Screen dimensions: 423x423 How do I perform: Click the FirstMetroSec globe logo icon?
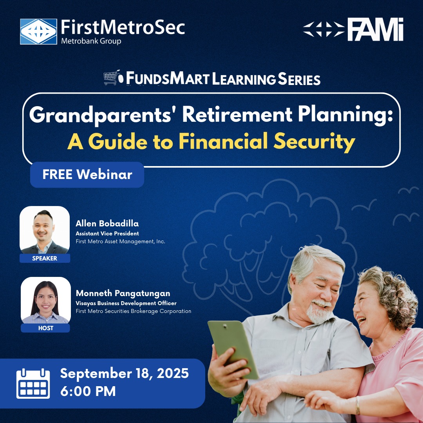click(38, 31)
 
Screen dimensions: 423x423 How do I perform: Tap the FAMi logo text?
click(375, 30)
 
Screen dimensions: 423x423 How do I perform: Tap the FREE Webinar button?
click(87, 174)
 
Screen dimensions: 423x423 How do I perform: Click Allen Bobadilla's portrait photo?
click(45, 230)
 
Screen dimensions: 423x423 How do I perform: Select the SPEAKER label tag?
click(45, 258)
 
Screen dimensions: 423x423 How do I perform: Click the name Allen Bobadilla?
click(107, 224)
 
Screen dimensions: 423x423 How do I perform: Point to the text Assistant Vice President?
click(107, 233)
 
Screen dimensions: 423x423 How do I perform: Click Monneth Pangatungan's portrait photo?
click(45, 300)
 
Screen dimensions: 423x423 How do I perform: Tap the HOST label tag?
click(45, 328)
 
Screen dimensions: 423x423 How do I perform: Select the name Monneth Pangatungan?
click(123, 293)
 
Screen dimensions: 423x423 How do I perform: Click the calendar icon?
click(33, 383)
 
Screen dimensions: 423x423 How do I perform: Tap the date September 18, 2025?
click(124, 373)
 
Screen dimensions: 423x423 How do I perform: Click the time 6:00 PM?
click(88, 391)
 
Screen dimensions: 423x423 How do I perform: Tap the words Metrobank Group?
click(91, 41)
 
